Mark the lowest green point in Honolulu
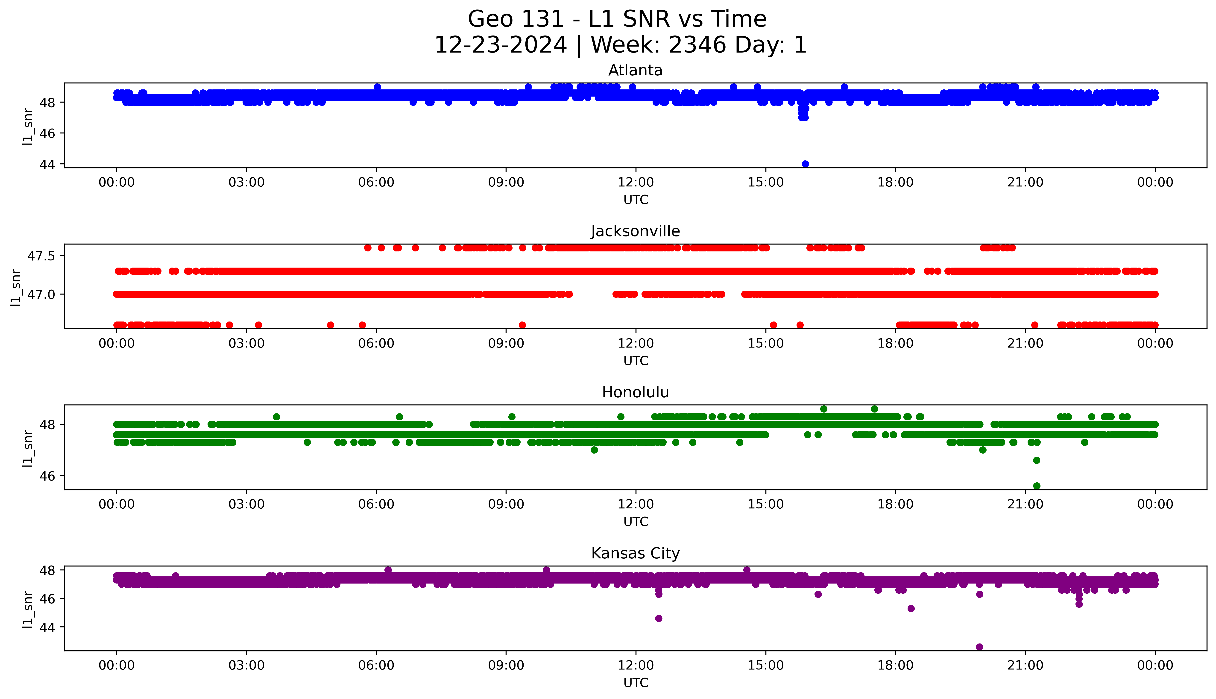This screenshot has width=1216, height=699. click(1037, 486)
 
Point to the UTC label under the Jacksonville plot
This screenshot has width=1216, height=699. click(636, 360)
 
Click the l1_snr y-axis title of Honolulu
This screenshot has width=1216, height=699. click(28, 448)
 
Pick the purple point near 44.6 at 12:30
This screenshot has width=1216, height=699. click(659, 618)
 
